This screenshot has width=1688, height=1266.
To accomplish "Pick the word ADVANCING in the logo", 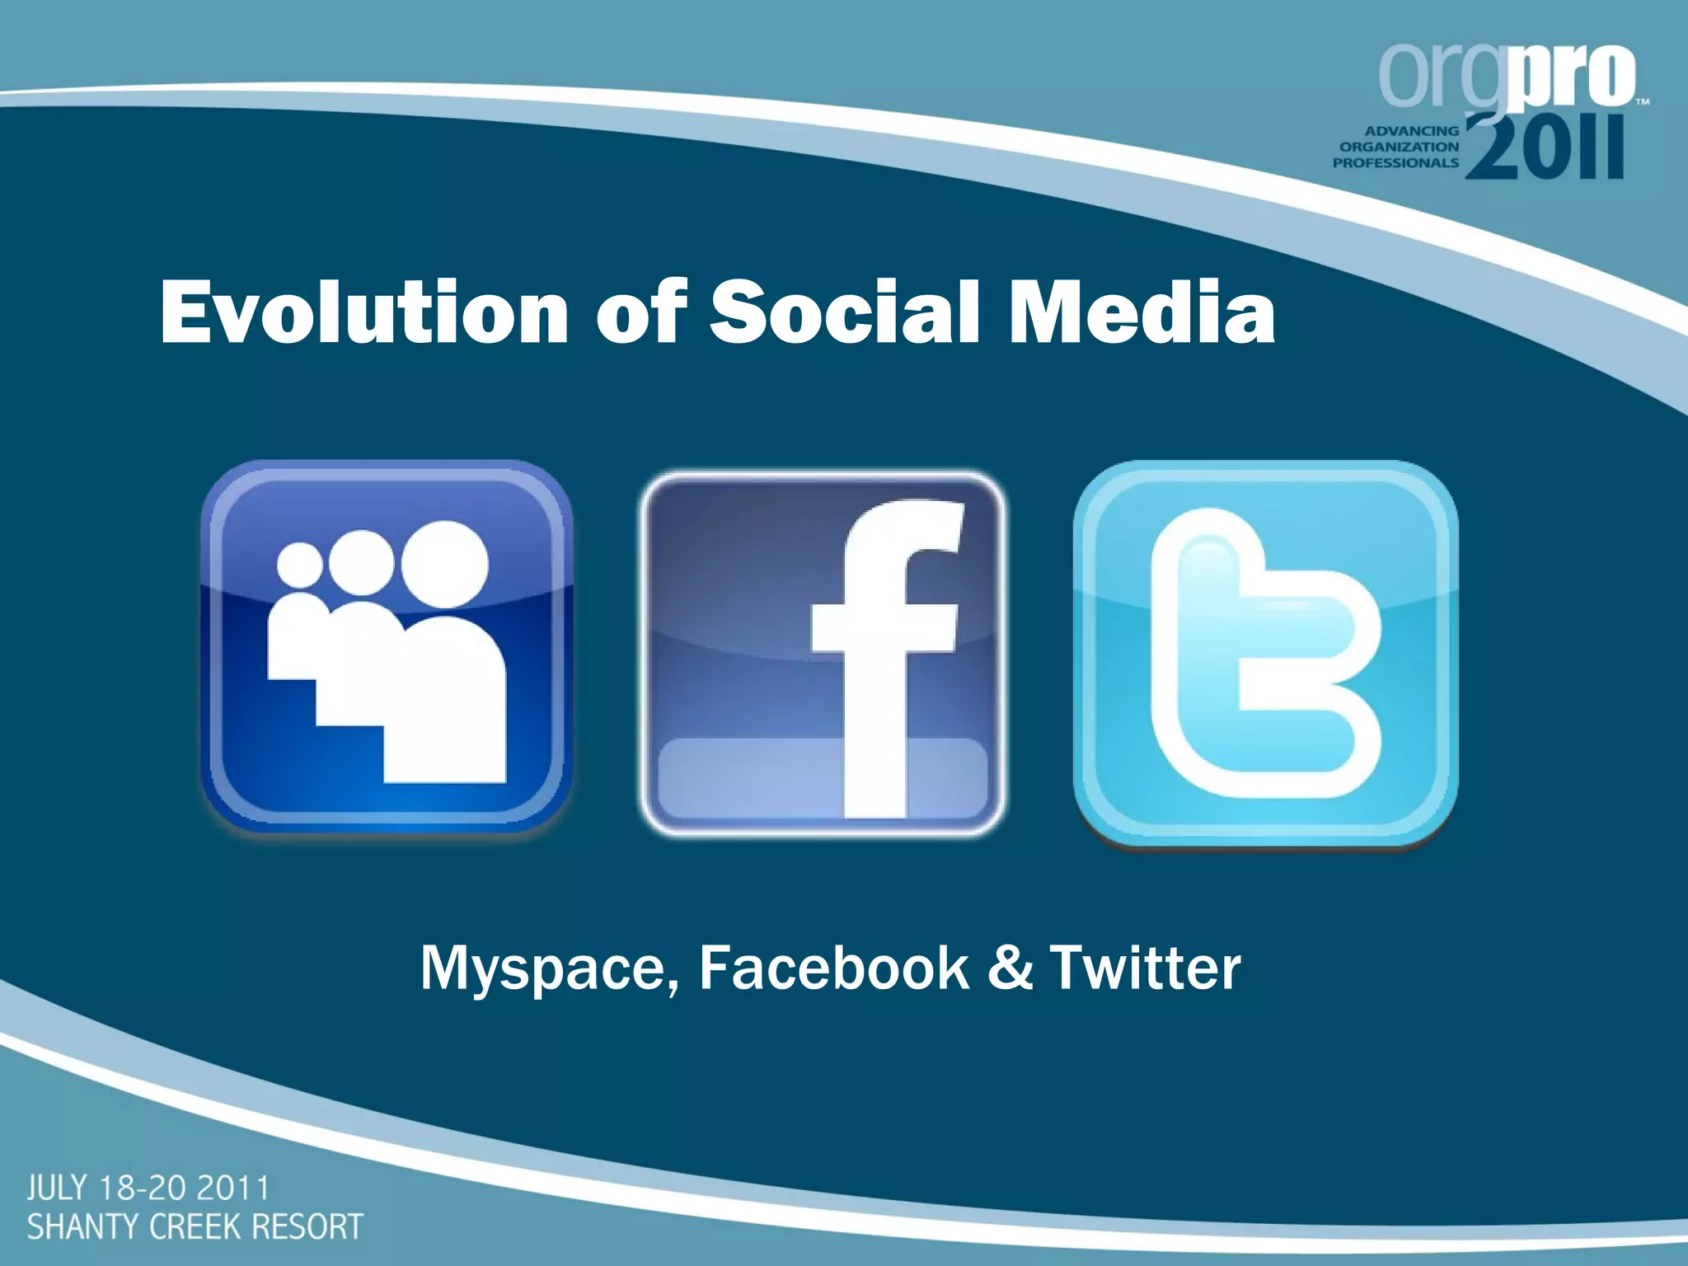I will coord(1412,130).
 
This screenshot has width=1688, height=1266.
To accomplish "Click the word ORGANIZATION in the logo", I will coord(1399,147).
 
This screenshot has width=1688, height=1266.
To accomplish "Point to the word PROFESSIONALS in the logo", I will coord(1395,163).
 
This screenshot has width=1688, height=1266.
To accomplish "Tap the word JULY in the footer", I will coord(57,1189).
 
